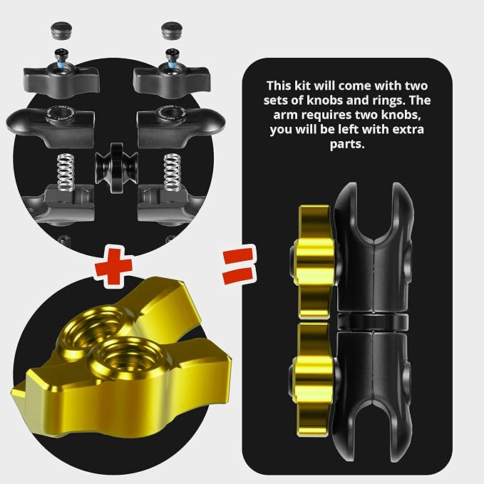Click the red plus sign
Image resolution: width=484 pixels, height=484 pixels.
pos(114,268)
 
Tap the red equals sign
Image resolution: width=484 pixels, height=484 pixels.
pos(240,265)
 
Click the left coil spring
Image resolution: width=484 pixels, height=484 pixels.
pos(66,173)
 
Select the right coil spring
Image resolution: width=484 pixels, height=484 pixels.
pos(173,173)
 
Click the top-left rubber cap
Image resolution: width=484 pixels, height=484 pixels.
pos(61,30)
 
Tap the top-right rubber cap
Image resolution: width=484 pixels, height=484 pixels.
pos(171,30)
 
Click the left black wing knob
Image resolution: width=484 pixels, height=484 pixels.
pos(62,80)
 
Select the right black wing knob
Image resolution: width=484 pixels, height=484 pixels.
pos(172,80)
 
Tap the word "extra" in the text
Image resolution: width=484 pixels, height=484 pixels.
pos(408,129)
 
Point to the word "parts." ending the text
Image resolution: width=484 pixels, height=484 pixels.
pos(347,144)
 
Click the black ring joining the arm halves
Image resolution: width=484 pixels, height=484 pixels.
pos(373,321)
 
